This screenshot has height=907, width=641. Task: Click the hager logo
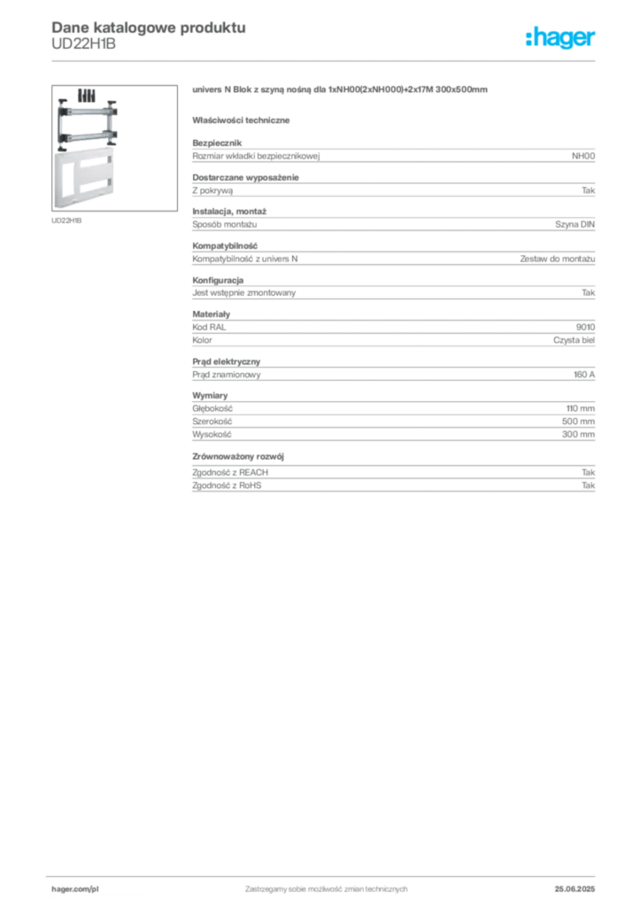(560, 37)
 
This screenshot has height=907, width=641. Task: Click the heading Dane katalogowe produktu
(149, 27)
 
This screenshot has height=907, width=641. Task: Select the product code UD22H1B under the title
(83, 44)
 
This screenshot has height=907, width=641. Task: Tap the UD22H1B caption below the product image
(66, 221)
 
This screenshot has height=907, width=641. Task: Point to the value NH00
(583, 156)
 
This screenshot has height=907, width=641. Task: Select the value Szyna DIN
(575, 224)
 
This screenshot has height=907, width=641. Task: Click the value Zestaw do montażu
(557, 259)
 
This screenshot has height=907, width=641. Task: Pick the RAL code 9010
(585, 327)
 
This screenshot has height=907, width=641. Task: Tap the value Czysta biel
(574, 340)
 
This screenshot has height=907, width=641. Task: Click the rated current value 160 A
(584, 375)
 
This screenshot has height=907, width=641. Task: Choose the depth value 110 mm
(580, 408)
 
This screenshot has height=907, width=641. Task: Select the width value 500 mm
(578, 421)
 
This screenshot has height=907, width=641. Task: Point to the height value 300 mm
(578, 434)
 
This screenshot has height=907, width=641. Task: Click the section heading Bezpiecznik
(217, 143)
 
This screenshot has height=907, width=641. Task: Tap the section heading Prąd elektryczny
(226, 361)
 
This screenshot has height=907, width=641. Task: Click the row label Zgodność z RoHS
(227, 485)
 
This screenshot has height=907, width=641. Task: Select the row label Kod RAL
(209, 327)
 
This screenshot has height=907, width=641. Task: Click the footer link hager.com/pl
(75, 889)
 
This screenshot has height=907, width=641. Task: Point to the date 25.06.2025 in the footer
(575, 889)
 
